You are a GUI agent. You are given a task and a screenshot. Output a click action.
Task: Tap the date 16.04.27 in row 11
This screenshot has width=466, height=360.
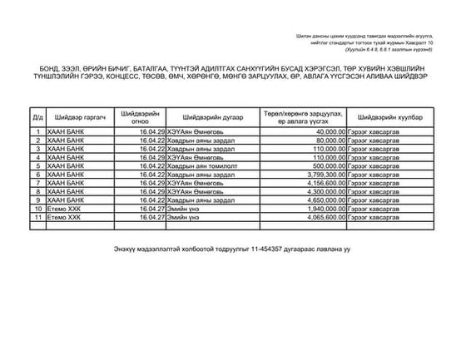pos(152,218)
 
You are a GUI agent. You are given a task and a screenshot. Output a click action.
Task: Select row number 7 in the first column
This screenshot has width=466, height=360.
pos(37,183)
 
